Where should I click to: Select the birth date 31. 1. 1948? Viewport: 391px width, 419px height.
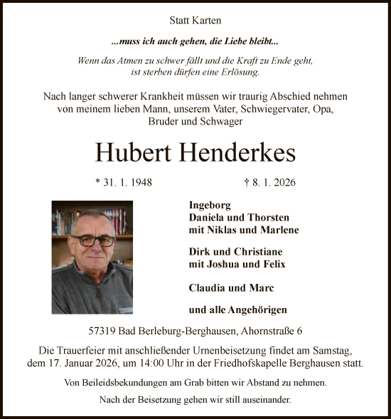[124, 182]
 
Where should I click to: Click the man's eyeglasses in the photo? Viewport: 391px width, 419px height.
[92, 240]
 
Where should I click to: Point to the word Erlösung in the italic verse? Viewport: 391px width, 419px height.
[240, 72]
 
